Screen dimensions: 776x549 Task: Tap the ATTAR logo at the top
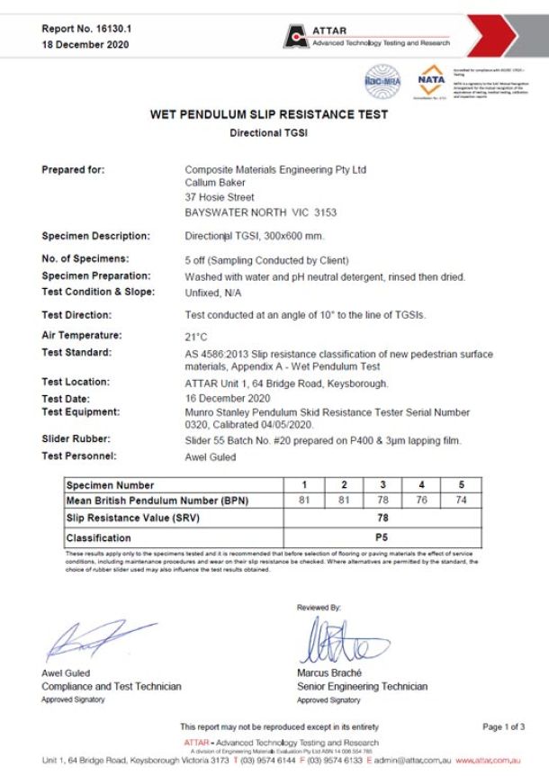369,36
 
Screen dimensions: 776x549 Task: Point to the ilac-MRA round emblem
381,81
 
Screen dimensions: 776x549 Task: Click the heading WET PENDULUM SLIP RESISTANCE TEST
269,115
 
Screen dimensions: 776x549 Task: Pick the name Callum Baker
221,183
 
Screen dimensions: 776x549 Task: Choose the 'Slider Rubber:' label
76,438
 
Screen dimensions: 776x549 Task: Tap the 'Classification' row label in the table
98,537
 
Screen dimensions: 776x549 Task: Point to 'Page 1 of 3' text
503,726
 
